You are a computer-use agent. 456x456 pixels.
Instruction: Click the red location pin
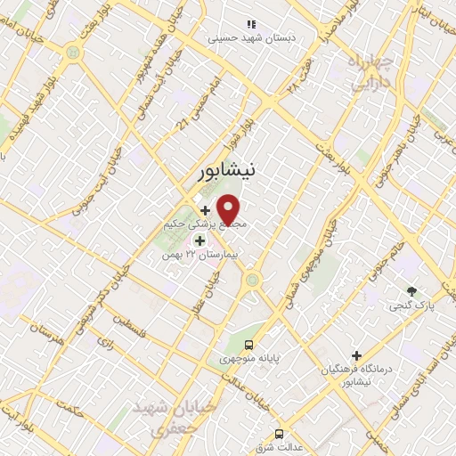[229, 210]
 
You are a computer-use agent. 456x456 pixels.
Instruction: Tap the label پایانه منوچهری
[250, 359]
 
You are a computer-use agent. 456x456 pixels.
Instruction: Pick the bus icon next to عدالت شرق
[280, 434]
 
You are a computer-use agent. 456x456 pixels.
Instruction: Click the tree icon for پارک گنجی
[411, 291]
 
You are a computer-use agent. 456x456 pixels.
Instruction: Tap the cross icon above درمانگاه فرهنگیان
[356, 355]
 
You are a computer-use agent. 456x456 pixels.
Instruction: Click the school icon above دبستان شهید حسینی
[250, 24]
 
